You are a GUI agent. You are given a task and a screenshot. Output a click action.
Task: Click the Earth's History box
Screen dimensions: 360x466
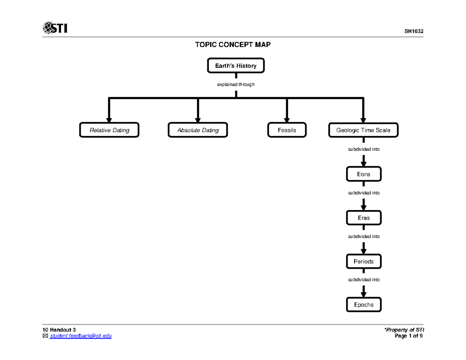tap(236, 66)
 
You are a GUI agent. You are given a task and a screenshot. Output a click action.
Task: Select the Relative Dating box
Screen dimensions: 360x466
tap(109, 130)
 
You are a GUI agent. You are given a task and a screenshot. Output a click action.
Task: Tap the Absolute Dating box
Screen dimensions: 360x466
tap(198, 130)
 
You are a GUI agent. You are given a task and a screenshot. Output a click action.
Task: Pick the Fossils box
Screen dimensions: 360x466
tap(287, 130)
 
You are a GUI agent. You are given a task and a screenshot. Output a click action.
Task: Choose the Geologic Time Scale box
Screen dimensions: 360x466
tap(363, 130)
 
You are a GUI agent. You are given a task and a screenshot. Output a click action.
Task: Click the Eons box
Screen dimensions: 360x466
tap(363, 174)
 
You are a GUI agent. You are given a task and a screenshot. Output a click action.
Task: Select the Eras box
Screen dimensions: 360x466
tap(363, 218)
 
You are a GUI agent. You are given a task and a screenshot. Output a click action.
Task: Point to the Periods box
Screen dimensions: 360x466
tap(363, 261)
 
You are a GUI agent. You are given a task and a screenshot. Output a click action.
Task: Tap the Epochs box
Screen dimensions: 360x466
tap(363, 305)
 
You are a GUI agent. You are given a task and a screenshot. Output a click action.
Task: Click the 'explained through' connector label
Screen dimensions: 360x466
tap(236, 84)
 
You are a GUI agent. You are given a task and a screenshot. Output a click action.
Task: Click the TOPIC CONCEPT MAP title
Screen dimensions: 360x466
tap(233, 45)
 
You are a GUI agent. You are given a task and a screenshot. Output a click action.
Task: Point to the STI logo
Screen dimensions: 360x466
tap(55, 28)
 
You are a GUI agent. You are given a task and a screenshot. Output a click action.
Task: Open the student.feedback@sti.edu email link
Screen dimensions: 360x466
tap(80, 336)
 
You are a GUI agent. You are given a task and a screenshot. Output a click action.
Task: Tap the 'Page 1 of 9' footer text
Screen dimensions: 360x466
tap(409, 336)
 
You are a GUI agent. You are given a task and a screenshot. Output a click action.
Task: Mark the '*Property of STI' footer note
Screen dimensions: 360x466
tap(403, 330)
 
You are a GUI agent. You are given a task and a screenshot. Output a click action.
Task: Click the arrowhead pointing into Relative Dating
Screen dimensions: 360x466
tap(109, 119)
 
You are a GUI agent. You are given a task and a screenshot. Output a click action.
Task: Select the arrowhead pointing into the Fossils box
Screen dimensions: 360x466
tap(287, 119)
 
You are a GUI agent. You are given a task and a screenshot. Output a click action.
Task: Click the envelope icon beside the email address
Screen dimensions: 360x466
tap(45, 336)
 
